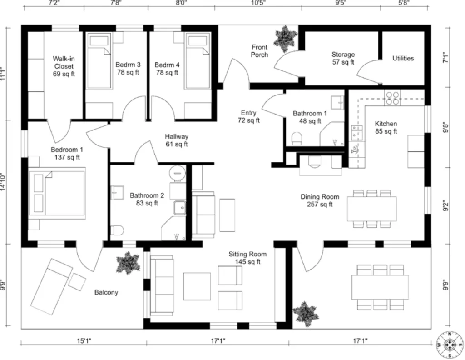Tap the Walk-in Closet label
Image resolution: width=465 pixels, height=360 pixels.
tap(64, 66)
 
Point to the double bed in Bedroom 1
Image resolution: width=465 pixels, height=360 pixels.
tap(57, 193)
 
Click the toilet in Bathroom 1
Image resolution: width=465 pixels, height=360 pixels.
tap(297, 138)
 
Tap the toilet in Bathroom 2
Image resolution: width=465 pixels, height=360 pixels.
tap(117, 230)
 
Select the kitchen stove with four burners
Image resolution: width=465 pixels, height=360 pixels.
tap(392, 98)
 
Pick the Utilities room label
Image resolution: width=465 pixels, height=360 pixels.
tap(403, 58)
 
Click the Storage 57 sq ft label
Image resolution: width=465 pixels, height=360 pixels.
tap(343, 58)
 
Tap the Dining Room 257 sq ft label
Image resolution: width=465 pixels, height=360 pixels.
tap(320, 200)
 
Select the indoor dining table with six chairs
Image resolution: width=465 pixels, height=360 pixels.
tap(371, 209)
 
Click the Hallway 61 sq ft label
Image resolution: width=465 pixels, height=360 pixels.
tap(177, 140)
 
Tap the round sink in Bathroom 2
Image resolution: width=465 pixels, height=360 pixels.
tap(177, 172)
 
